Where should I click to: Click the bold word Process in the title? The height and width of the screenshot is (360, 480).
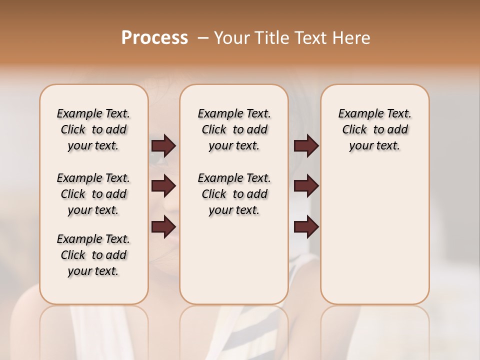tap(154, 38)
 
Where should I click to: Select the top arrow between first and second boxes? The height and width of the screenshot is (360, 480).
tap(163, 146)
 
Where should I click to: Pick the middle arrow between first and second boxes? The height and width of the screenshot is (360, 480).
tap(163, 186)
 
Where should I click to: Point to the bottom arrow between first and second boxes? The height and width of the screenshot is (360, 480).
tap(163, 227)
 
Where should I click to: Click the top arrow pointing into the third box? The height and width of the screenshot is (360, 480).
tap(306, 146)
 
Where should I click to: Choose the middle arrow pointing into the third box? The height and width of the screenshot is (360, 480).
tap(306, 186)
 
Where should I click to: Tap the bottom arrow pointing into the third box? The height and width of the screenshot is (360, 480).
tap(306, 227)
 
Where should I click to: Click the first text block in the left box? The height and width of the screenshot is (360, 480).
tap(93, 129)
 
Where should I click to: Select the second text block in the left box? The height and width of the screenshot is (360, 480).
tap(93, 194)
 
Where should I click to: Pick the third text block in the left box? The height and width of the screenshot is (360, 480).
tap(93, 255)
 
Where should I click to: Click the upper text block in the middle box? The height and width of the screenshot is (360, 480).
tap(234, 129)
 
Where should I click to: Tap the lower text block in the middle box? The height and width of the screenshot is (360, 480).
tap(234, 194)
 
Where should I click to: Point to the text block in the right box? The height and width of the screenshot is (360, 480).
tap(374, 129)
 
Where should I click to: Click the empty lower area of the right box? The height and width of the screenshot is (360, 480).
tap(374, 235)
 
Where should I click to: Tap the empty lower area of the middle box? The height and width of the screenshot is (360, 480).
tap(234, 260)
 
